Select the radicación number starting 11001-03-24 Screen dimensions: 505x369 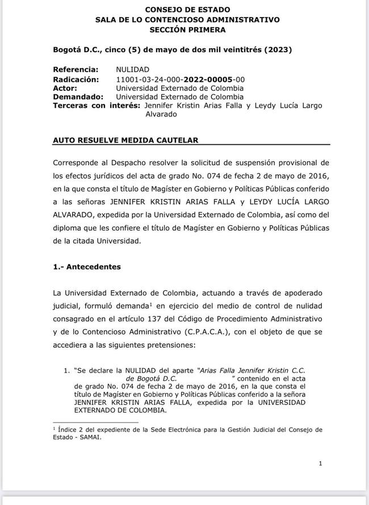(x=180, y=80)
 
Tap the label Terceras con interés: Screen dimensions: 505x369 (x=97, y=106)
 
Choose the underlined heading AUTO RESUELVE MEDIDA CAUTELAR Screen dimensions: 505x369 (x=125, y=140)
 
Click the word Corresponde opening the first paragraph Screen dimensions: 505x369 (x=78, y=162)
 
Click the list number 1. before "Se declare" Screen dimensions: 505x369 (x=67, y=370)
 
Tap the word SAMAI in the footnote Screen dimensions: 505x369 (x=93, y=437)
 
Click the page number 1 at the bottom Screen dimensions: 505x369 (x=321, y=464)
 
